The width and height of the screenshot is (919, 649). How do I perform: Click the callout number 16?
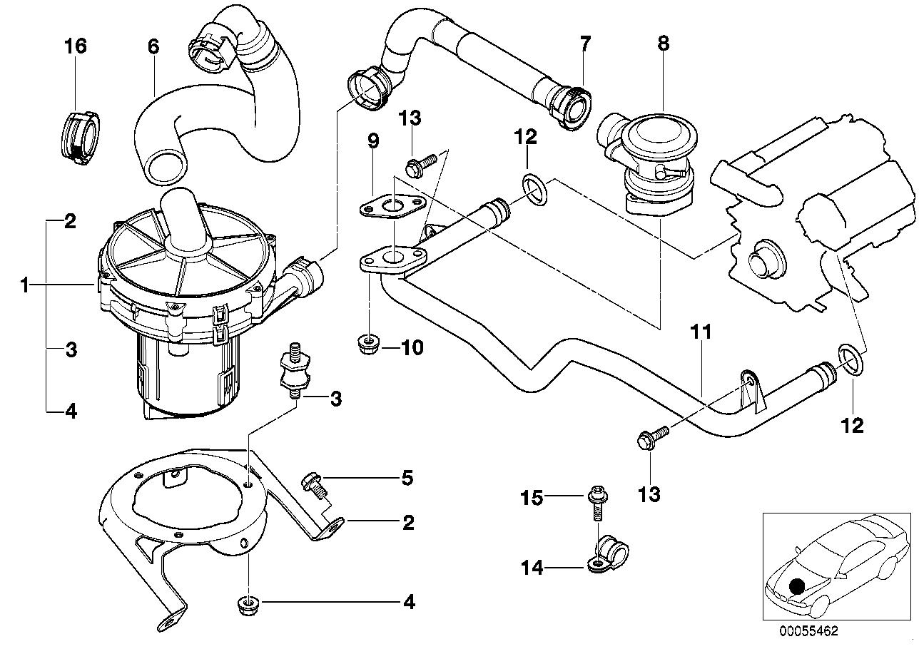pyautogui.click(x=75, y=47)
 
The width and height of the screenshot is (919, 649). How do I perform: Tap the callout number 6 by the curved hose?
pyautogui.click(x=153, y=47)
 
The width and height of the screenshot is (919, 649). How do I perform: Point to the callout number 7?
pyautogui.click(x=585, y=44)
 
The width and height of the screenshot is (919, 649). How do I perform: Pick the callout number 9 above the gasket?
pyautogui.click(x=373, y=140)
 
